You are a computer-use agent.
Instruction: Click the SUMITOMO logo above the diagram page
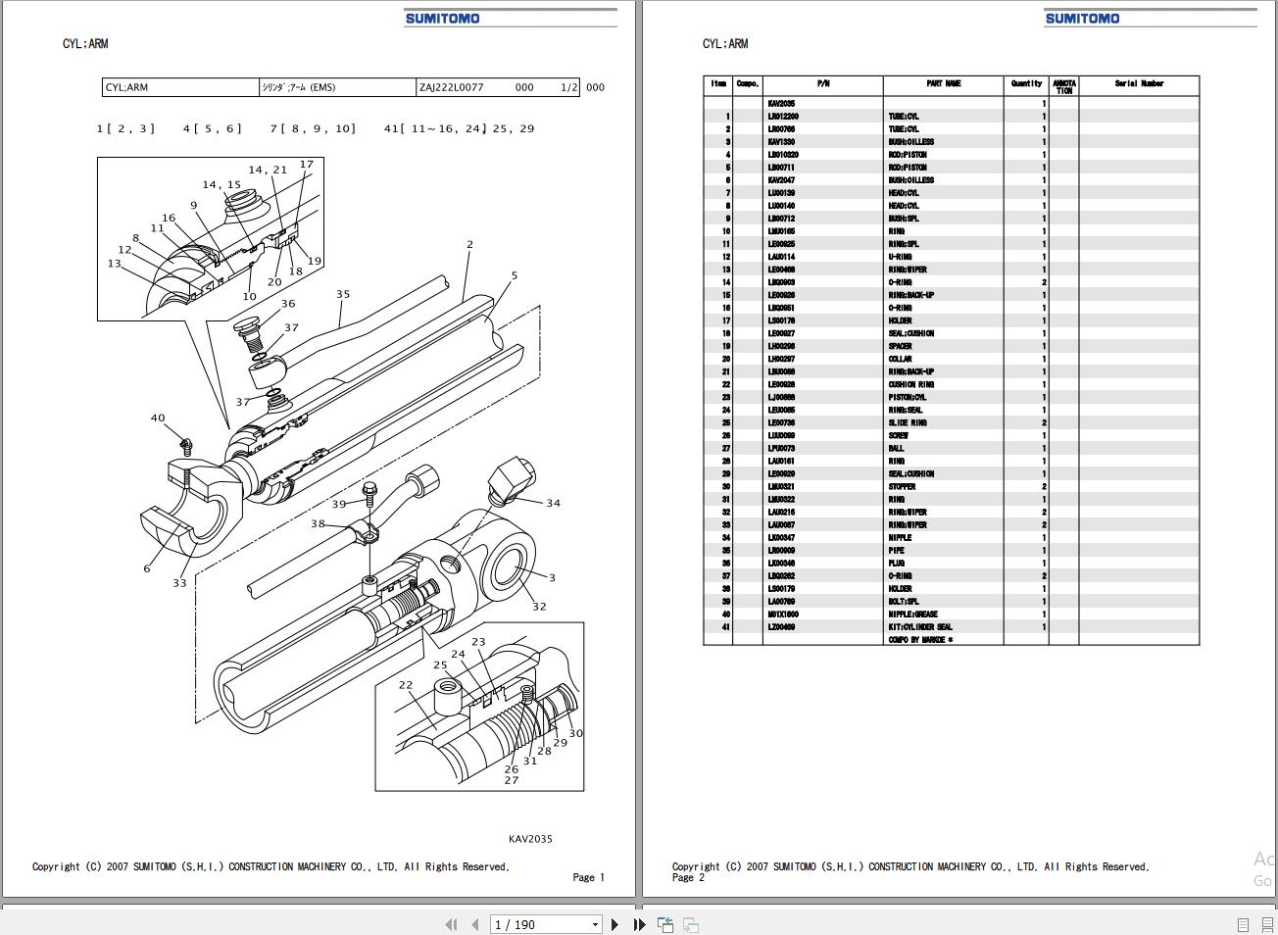[x=442, y=18]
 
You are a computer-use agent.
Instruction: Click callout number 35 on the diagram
[x=343, y=294]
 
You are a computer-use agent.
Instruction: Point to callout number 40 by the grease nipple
[x=158, y=418]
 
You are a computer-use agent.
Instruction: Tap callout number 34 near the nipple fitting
[x=553, y=504]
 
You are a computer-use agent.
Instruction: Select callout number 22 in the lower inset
[x=406, y=685]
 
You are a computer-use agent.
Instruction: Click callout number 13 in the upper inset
[x=114, y=264]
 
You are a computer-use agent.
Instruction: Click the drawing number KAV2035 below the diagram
[x=530, y=839]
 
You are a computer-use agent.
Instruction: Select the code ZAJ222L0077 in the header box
[x=452, y=87]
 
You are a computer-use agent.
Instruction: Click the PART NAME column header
[x=943, y=84]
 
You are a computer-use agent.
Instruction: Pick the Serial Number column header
[x=1139, y=84]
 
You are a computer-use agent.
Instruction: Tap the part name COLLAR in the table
[x=900, y=359]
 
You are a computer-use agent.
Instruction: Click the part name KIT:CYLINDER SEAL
[x=920, y=627]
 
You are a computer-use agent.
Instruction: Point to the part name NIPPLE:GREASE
[x=912, y=615]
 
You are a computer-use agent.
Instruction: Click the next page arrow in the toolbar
[x=614, y=924]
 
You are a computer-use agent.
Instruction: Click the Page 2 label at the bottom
[x=688, y=878]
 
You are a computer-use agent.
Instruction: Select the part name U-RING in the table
[x=900, y=257]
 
